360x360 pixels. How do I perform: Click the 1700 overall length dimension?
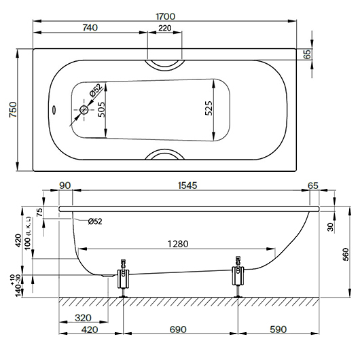click(x=165, y=16)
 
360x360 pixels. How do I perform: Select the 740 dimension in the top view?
click(x=90, y=28)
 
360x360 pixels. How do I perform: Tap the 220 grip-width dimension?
click(x=165, y=28)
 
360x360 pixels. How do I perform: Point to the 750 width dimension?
click(x=13, y=109)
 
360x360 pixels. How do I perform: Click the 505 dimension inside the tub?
click(x=101, y=109)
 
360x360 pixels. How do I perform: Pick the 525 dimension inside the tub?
click(x=209, y=108)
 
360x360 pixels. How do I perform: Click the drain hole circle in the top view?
click(x=84, y=110)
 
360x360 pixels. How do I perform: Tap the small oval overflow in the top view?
click(x=54, y=109)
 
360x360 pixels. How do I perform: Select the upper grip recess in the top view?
click(x=165, y=65)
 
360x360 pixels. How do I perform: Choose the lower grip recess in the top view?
click(x=165, y=154)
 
